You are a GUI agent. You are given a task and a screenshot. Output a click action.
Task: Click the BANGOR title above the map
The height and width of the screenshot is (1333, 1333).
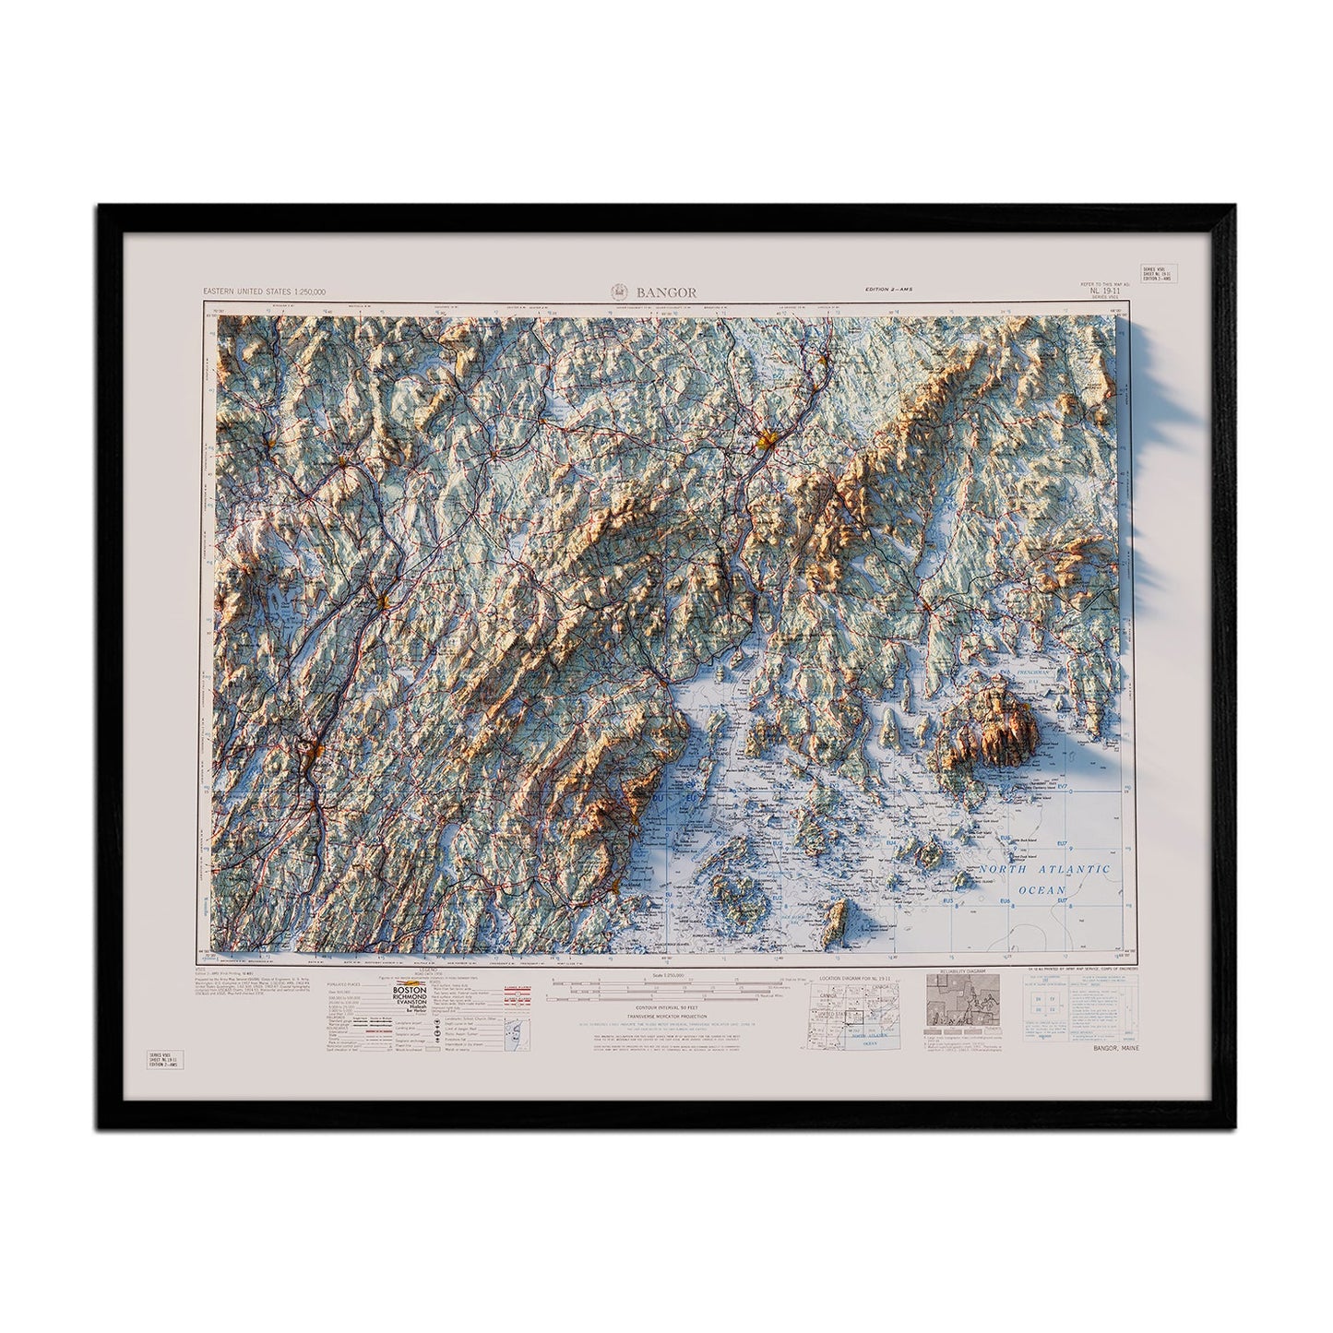671,292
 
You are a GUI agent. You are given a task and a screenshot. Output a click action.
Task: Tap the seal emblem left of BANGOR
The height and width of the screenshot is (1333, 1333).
619,292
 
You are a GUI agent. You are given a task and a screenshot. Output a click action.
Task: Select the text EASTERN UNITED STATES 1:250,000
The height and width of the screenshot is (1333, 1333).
259,292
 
